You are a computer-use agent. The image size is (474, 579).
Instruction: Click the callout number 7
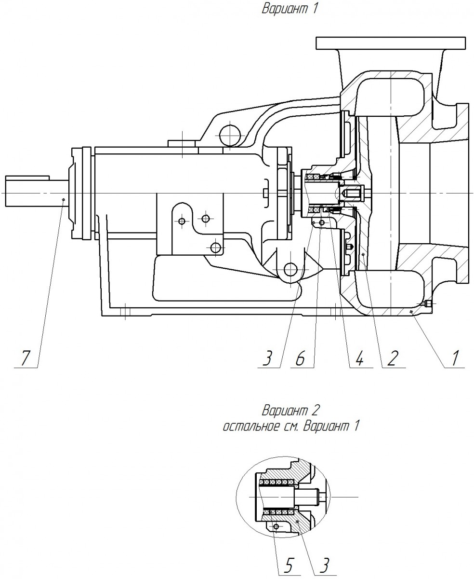(x=25, y=359)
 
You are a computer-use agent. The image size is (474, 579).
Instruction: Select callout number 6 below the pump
(x=301, y=359)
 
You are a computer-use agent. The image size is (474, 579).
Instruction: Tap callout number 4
(x=359, y=359)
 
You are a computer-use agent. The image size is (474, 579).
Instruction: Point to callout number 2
(x=392, y=359)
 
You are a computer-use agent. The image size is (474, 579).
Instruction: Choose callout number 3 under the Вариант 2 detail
(x=324, y=565)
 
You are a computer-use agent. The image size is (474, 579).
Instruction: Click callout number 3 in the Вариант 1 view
(x=267, y=359)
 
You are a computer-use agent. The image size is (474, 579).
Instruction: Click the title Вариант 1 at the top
(x=290, y=9)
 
